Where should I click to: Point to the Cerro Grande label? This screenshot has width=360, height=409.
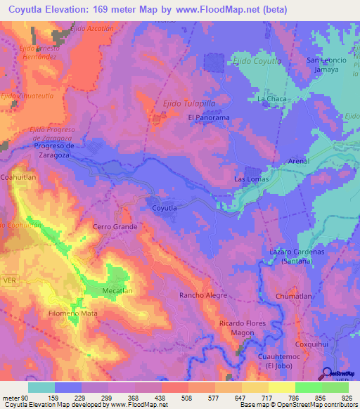115,227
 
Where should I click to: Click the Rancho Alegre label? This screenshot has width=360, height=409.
203,296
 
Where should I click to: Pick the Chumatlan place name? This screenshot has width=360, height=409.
293,297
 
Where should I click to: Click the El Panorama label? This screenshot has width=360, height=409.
208,118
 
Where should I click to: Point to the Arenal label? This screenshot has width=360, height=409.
299,162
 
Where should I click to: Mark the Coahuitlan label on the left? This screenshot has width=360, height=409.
20,178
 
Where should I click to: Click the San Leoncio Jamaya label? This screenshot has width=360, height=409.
327,65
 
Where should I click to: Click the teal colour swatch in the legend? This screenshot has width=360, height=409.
41,387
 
